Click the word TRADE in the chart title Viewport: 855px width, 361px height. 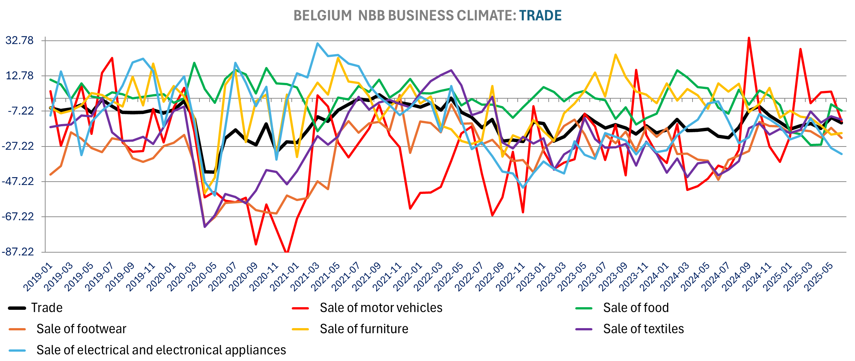[x=540, y=15]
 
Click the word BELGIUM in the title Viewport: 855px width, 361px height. [x=322, y=15]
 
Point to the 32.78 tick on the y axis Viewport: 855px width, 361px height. [x=19, y=40]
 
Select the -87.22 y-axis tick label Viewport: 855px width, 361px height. [x=18, y=252]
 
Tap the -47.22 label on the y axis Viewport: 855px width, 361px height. [x=18, y=181]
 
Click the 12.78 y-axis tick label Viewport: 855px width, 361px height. [x=19, y=75]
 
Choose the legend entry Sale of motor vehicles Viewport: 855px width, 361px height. [x=381, y=308]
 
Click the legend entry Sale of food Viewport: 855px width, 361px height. [x=636, y=308]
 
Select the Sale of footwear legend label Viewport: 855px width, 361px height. [x=81, y=329]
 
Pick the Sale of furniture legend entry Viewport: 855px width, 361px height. [x=364, y=329]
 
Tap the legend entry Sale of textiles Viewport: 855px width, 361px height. [x=643, y=329]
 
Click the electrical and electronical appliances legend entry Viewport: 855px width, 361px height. [x=161, y=350]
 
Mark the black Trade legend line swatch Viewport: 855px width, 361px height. [x=17, y=308]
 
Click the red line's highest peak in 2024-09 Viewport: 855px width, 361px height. [x=749, y=38]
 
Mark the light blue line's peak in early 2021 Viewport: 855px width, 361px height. [x=317, y=43]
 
